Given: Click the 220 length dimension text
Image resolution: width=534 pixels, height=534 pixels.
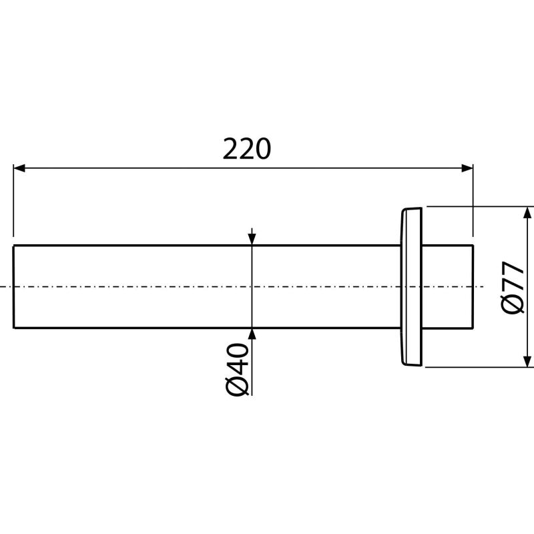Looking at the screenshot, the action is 247,149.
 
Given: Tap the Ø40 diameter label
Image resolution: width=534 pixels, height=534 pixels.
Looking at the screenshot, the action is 237,370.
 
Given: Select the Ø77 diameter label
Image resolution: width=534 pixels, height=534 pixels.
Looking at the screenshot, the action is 512,288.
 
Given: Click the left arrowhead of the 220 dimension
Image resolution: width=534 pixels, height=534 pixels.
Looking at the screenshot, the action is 19,168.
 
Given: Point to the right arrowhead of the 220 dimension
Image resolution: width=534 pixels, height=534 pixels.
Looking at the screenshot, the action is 467,168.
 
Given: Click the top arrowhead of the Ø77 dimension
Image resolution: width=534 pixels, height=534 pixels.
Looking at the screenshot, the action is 527,212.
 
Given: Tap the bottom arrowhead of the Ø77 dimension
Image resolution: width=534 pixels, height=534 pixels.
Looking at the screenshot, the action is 527,361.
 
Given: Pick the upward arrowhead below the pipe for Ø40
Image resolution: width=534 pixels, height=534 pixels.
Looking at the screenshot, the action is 252,335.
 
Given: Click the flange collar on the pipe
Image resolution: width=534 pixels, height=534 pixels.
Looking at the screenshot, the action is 411,287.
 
